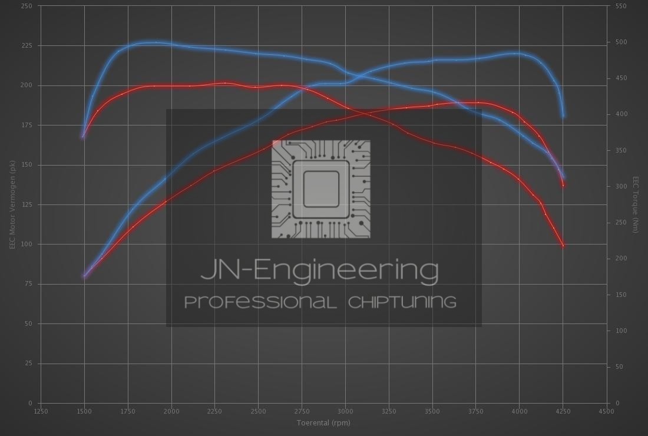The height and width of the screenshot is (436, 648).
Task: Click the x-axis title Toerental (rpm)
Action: [x=323, y=422]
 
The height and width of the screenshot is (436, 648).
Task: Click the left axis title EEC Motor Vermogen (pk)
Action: [x=12, y=204]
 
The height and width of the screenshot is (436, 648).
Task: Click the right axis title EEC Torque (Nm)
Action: [x=636, y=204]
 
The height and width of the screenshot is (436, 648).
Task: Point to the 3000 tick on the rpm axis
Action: [x=345, y=411]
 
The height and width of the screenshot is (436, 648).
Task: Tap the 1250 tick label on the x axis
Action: [x=41, y=411]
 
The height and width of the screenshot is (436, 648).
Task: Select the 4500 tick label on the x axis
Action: [x=606, y=411]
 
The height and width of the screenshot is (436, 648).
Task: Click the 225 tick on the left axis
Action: [x=27, y=45]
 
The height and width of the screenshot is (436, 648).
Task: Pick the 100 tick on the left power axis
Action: [x=27, y=244]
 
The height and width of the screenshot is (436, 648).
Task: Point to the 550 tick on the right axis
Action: [x=620, y=6]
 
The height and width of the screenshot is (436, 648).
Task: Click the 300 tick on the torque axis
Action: [x=620, y=186]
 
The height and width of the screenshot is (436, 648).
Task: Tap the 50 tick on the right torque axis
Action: [x=619, y=366]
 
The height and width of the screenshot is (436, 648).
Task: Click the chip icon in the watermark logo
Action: [x=321, y=189]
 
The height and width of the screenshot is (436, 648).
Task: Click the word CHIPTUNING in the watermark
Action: [x=402, y=302]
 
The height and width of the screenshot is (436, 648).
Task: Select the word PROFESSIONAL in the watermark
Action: [x=260, y=302]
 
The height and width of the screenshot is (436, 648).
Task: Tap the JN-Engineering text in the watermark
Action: [x=319, y=270]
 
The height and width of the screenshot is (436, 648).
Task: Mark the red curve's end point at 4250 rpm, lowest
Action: [x=563, y=245]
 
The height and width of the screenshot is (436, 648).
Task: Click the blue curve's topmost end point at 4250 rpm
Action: [x=564, y=115]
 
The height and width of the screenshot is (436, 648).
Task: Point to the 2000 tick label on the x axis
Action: [x=171, y=411]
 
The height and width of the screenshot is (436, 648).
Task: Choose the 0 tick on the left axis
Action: [x=31, y=403]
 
